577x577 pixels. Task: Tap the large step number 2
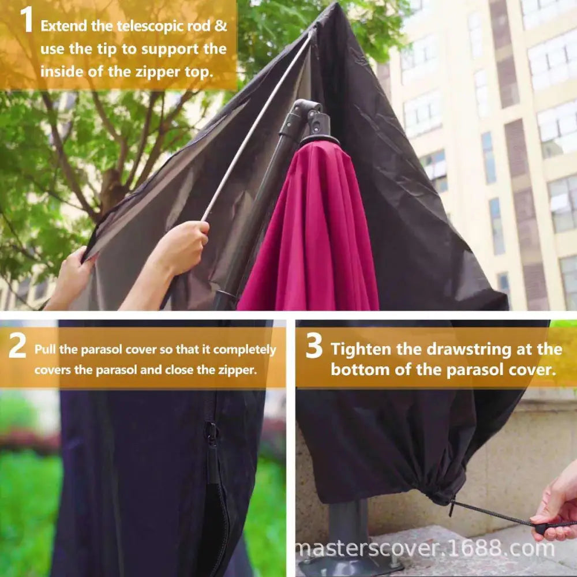click(17, 347)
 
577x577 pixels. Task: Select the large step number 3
click(313, 347)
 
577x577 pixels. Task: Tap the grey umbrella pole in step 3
click(349, 525)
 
